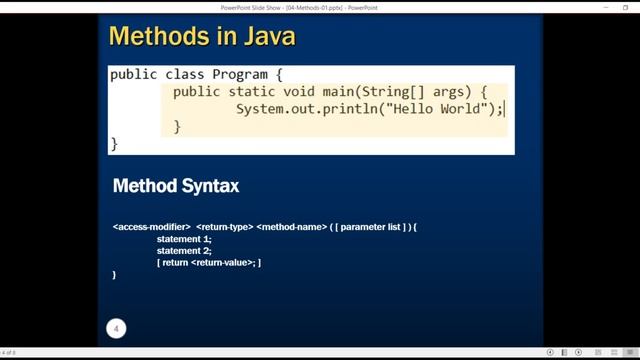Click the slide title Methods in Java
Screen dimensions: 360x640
202,38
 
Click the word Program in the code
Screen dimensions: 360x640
241,74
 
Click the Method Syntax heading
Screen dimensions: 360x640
176,186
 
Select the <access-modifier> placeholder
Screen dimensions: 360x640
152,227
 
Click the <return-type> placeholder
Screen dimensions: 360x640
224,227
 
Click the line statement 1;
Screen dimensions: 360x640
184,239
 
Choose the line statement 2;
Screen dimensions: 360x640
184,250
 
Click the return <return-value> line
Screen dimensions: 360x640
209,262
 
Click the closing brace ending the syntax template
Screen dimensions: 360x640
115,274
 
